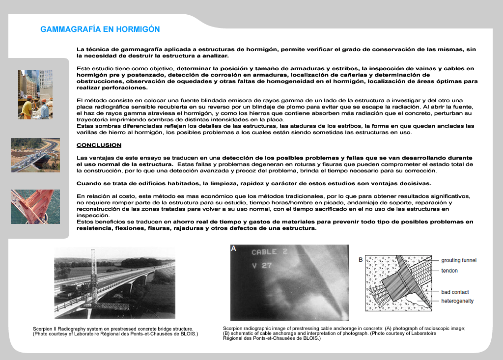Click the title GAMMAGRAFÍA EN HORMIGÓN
pyautogui.click(x=100, y=29)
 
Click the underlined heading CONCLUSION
pyautogui.click(x=99, y=145)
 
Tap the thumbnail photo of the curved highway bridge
pyautogui.click(x=35, y=155)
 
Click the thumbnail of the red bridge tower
pyautogui.click(x=35, y=206)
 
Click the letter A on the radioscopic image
pyautogui.click(x=234, y=249)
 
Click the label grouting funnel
pyautogui.click(x=459, y=260)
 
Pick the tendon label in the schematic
pyautogui.click(x=449, y=271)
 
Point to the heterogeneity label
pyautogui.click(x=457, y=301)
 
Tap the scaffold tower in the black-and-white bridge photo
pyautogui.click(x=92, y=275)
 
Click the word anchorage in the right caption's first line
pyautogui.click(x=357, y=329)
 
